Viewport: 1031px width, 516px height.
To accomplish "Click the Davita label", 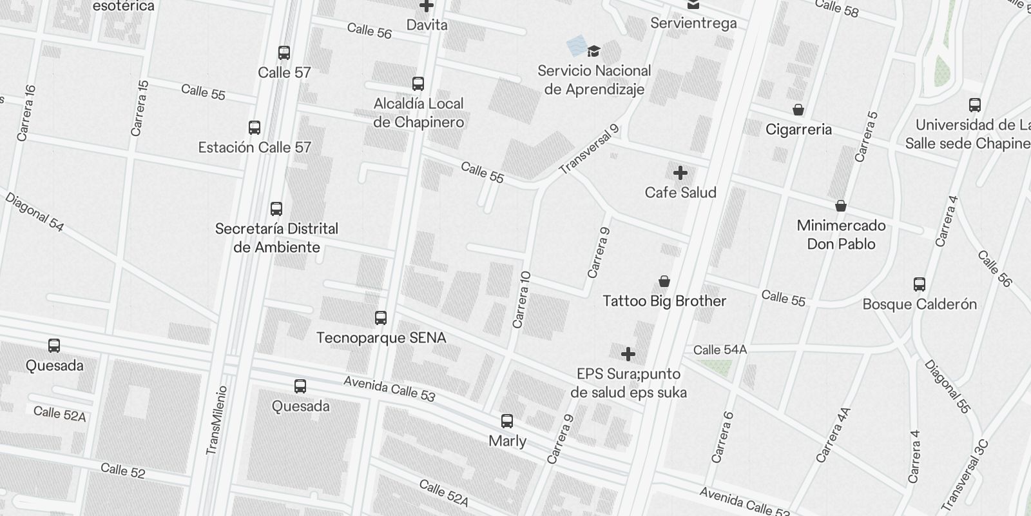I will pyautogui.click(x=427, y=25).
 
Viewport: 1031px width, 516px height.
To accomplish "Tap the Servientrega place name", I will pyautogui.click(x=693, y=24).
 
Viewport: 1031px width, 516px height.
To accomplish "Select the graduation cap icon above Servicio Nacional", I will pyautogui.click(x=593, y=51).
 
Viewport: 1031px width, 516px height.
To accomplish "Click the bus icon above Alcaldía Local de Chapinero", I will pyautogui.click(x=418, y=84).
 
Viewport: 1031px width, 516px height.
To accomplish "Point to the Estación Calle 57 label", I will pyautogui.click(x=255, y=147).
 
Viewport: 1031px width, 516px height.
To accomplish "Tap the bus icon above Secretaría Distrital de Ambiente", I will pyautogui.click(x=276, y=209).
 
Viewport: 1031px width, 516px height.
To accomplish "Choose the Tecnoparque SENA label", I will pyautogui.click(x=381, y=338).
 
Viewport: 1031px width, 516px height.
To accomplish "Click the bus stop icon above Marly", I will pyautogui.click(x=507, y=422).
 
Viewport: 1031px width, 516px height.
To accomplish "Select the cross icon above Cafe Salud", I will pyautogui.click(x=680, y=173).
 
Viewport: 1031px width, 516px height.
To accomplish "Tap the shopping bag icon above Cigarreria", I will pyautogui.click(x=798, y=110).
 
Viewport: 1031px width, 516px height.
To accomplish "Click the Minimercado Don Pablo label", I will pyautogui.click(x=841, y=234).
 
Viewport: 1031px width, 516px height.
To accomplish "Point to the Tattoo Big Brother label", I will pyautogui.click(x=664, y=301).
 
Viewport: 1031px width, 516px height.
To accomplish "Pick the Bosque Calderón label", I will pyautogui.click(x=920, y=304).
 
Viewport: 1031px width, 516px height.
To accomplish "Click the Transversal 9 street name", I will pyautogui.click(x=589, y=150).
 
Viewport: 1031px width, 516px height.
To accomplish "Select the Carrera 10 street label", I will pyautogui.click(x=521, y=299).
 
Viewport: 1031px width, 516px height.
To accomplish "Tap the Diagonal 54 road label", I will pyautogui.click(x=34, y=212).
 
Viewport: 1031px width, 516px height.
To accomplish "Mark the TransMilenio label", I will pyautogui.click(x=216, y=421).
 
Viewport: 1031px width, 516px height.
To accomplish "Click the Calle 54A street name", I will pyautogui.click(x=720, y=350).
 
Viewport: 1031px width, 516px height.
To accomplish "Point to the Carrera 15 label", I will pyautogui.click(x=139, y=108).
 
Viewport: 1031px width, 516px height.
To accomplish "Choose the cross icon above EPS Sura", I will pyautogui.click(x=628, y=354).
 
